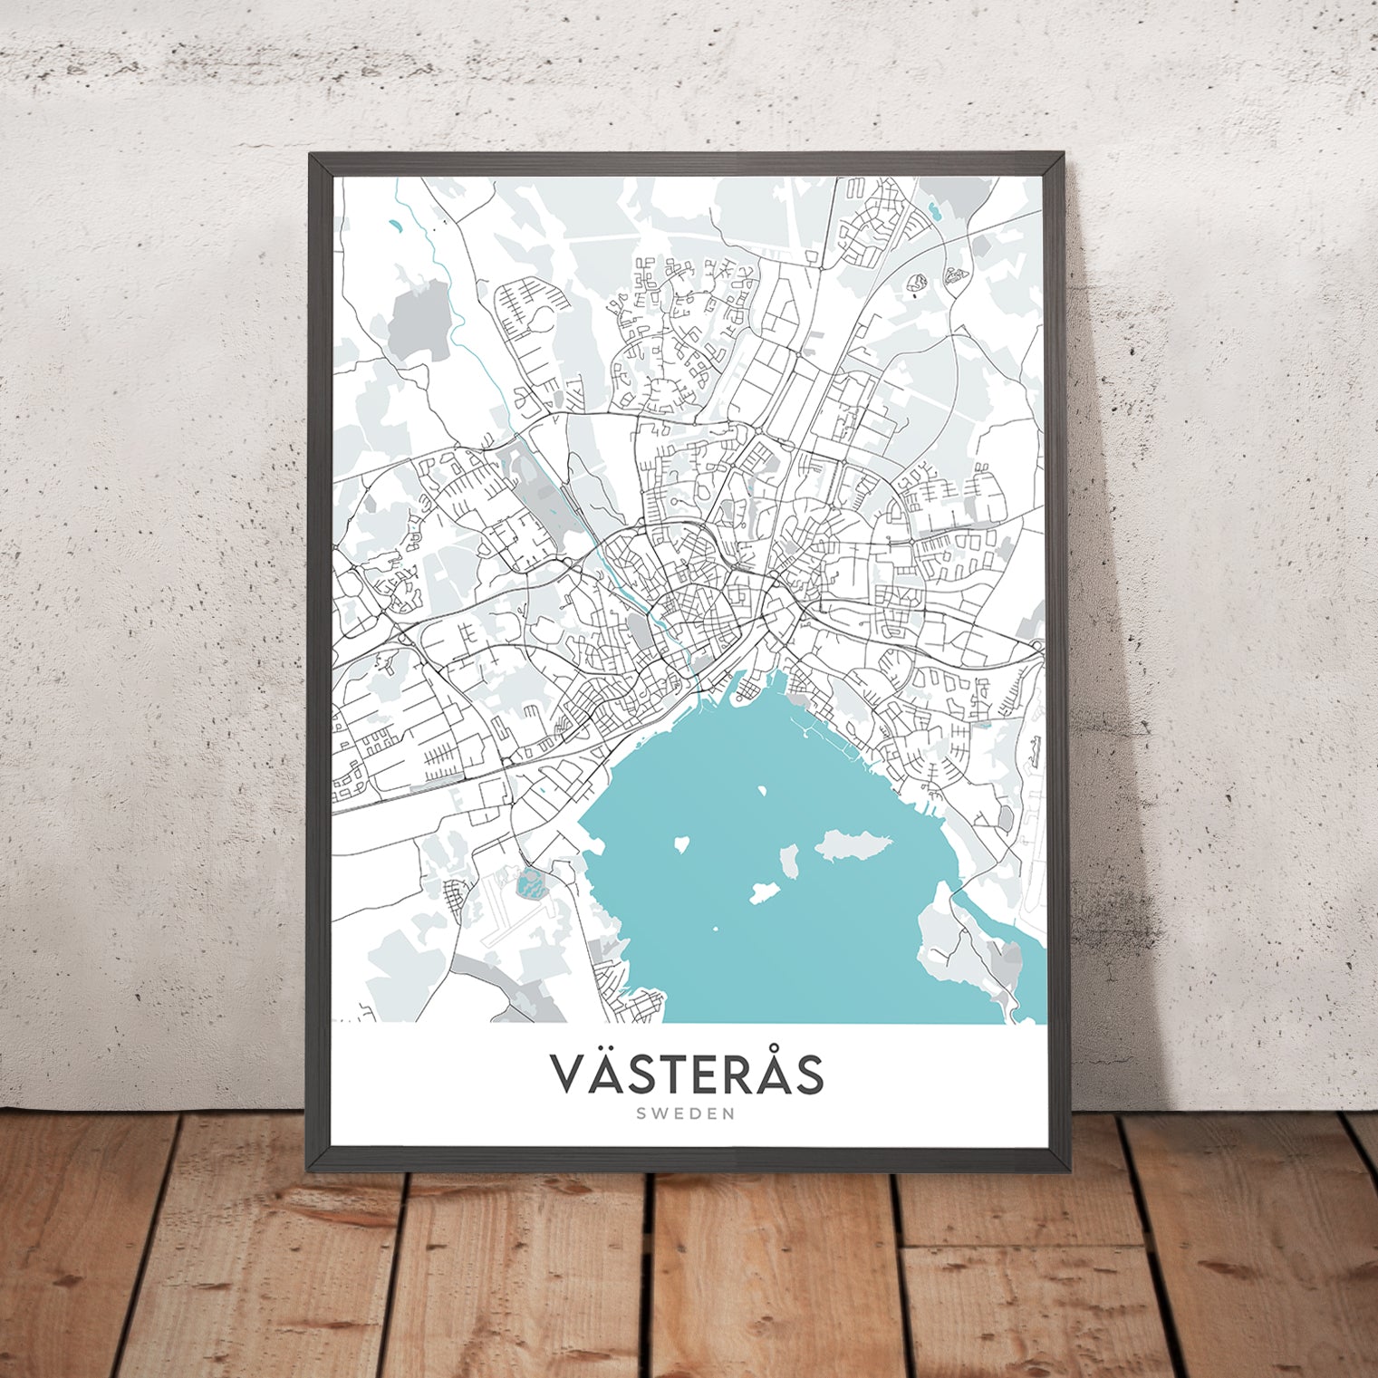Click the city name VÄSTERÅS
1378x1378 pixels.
tap(688, 1073)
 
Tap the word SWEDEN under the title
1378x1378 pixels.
tap(689, 1114)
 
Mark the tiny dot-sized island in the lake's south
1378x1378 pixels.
tap(715, 929)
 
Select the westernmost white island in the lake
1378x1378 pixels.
tap(679, 844)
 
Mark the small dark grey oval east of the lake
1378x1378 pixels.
tap(1006, 818)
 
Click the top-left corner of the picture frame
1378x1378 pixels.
tap(311, 155)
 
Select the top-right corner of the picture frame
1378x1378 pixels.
tap(1066, 155)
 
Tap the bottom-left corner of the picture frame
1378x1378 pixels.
tap(311, 1170)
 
